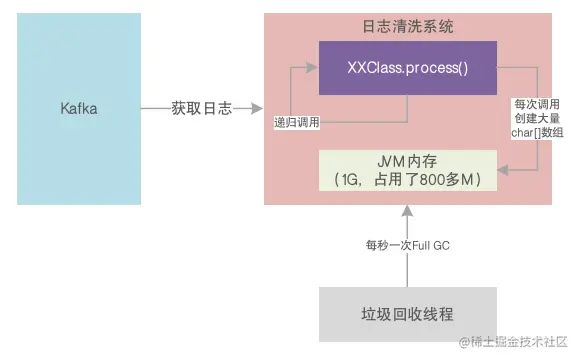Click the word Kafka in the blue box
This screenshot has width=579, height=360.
pos(78,108)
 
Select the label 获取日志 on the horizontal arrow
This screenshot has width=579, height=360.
pos(201,108)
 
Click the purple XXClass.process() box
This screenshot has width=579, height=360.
pos(407,69)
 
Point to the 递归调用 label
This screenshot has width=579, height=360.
pos(297,124)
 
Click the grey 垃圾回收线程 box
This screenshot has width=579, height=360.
pos(407,313)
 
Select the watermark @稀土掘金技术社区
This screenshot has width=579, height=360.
pos(511,343)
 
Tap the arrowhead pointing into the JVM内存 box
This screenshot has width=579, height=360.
pos(503,172)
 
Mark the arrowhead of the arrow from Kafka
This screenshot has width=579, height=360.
pos(257,108)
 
